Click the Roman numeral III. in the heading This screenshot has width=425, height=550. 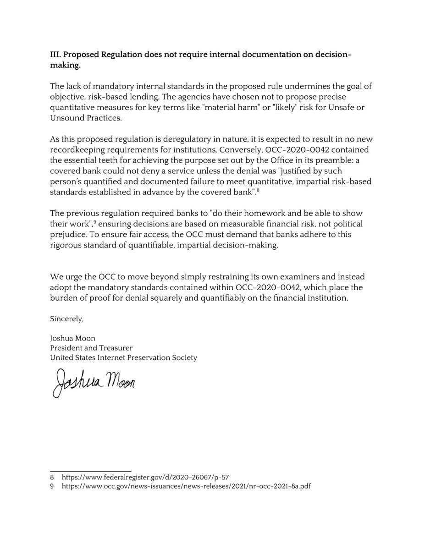coord(55,55)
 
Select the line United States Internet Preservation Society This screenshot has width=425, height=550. coord(123,357)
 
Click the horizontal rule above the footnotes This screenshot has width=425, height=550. coord(90,470)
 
